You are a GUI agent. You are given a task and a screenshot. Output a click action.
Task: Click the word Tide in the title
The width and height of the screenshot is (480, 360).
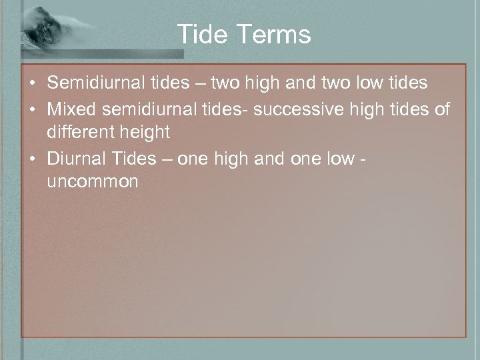(201, 34)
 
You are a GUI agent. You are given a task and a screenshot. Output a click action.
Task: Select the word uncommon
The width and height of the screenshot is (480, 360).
(93, 181)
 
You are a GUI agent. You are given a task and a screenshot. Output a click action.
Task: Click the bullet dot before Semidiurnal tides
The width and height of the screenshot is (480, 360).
(32, 84)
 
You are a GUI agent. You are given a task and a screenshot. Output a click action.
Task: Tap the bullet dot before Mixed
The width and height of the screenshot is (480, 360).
(32, 109)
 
